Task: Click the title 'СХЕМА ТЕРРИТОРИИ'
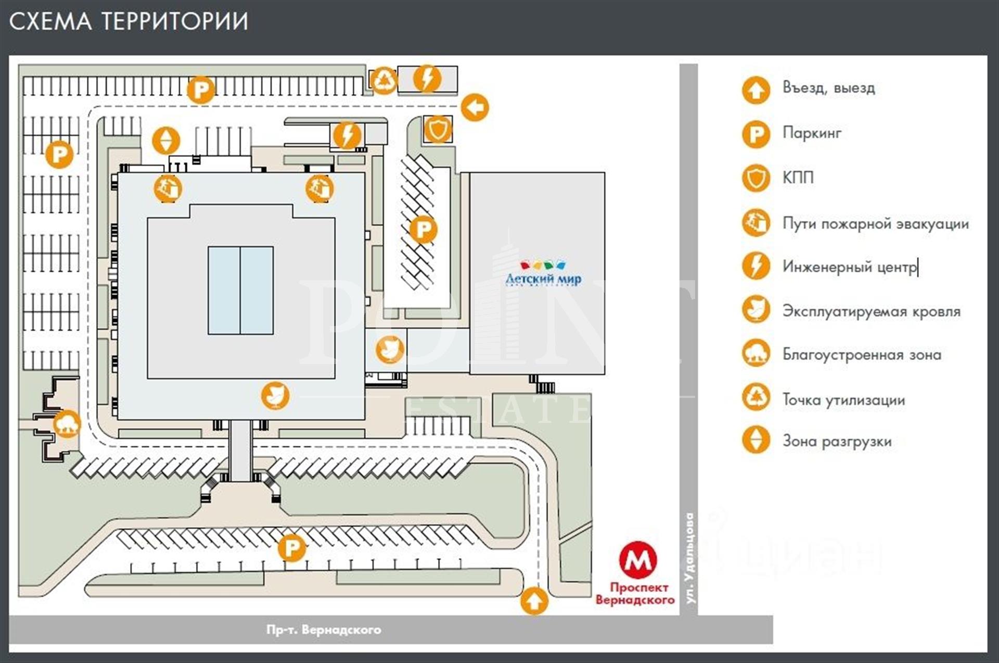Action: (129, 22)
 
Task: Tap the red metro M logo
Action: (638, 560)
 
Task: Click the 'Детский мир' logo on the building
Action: (543, 274)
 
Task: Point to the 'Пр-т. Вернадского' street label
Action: (324, 630)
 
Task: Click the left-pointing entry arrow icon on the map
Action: (475, 108)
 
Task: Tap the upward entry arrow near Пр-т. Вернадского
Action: (534, 601)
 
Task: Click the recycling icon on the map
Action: (385, 80)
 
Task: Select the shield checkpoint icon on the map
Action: (438, 129)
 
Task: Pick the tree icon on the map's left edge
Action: (67, 423)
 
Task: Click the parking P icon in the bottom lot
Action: (291, 548)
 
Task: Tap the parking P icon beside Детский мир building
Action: (424, 229)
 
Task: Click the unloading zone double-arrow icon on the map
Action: (166, 140)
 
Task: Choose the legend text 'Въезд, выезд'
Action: (828, 88)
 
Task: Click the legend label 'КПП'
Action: (798, 178)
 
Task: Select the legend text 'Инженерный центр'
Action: (850, 267)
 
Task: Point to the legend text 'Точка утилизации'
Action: (843, 400)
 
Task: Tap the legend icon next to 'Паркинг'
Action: (755, 134)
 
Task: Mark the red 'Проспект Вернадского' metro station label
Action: (635, 594)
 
